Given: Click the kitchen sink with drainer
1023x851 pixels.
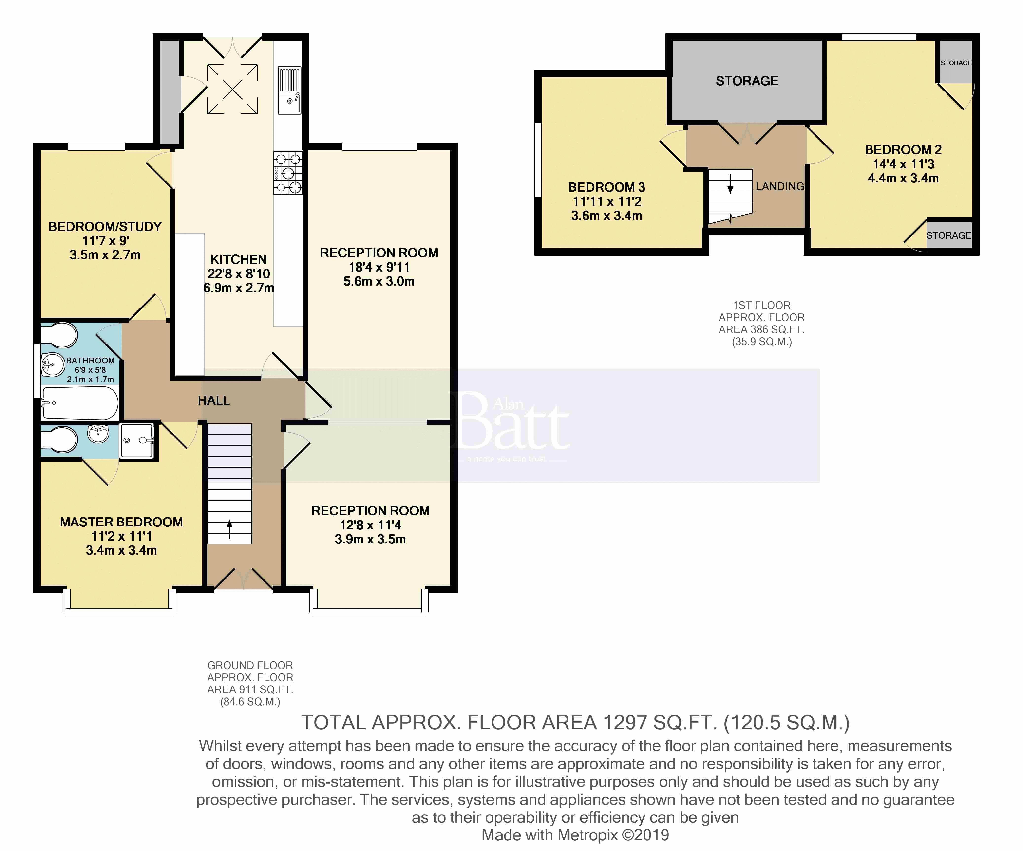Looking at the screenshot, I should [x=289, y=90].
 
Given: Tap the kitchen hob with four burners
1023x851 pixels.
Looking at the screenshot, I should [x=288, y=173].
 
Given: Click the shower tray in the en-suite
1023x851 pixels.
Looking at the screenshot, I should [x=136, y=441].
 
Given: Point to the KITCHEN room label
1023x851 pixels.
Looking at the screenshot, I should [x=238, y=259].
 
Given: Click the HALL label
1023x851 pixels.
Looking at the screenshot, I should [x=213, y=401].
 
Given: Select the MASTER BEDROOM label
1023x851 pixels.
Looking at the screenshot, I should [x=121, y=522].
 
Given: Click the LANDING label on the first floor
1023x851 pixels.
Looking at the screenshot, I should [x=779, y=186].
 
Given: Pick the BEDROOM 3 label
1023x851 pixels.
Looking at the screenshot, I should [x=606, y=187].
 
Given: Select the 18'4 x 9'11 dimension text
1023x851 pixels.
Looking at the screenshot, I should [x=379, y=267].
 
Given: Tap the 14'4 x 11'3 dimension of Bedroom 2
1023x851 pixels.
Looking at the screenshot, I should [x=903, y=164].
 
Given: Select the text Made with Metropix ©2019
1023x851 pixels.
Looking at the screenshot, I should [x=575, y=835].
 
